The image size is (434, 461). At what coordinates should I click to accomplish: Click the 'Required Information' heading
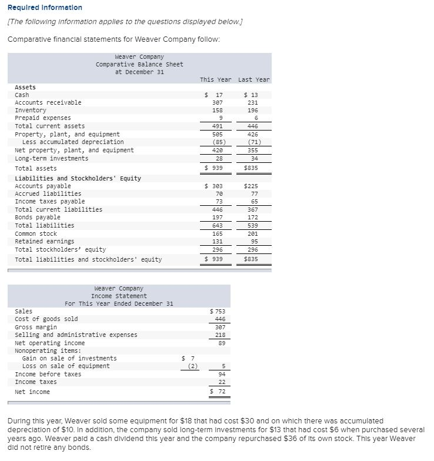coord(41,7)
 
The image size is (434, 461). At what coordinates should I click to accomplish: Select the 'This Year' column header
coord(215,79)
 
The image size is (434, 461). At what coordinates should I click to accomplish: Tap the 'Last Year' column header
coord(254,79)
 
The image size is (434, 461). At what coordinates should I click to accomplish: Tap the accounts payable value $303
coord(215,186)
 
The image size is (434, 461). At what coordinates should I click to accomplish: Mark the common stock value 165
coord(217,233)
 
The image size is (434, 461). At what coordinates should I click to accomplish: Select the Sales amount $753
coord(217,311)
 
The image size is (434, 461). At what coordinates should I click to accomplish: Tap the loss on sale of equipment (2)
coord(191,366)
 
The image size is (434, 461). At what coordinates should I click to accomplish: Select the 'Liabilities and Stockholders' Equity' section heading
coord(78,178)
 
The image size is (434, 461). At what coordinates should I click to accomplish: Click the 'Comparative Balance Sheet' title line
coord(139,64)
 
